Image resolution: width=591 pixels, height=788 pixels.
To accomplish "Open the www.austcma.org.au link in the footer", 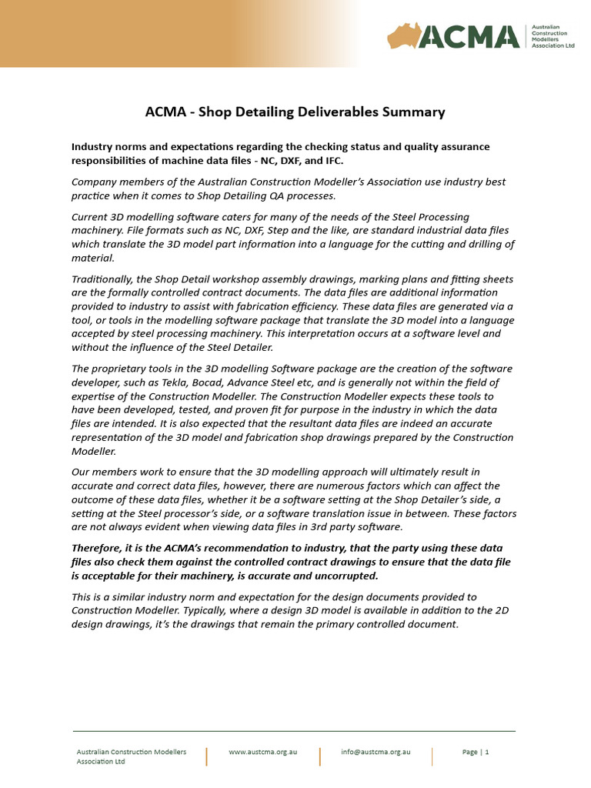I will pyautogui.click(x=262, y=752).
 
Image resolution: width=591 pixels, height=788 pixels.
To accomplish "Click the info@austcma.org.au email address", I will pyautogui.click(x=376, y=752).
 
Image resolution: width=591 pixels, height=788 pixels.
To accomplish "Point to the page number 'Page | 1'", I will pyautogui.click(x=476, y=752).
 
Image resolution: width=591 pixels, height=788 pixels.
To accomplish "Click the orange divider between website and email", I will pyautogui.click(x=319, y=756).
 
